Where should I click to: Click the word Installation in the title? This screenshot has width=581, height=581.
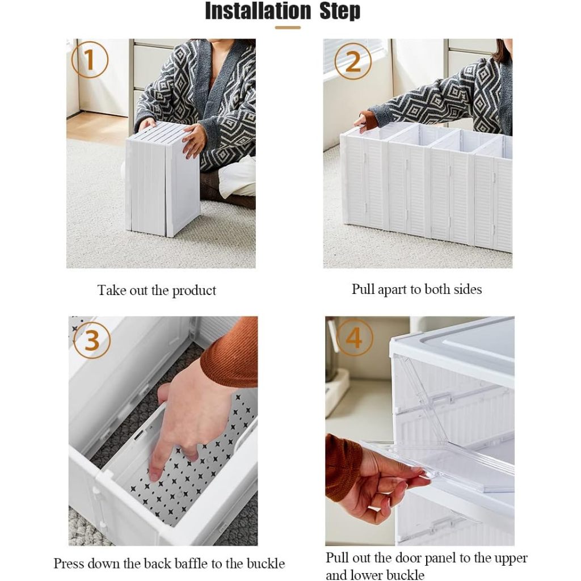coord(258,11)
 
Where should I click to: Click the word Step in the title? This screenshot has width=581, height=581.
coord(340,11)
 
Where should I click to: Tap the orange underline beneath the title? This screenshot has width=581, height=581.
coord(288,27)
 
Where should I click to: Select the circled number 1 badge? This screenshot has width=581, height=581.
coord(90,60)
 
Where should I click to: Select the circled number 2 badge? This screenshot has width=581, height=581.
coord(353,61)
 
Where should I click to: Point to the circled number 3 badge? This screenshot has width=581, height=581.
coord(92,340)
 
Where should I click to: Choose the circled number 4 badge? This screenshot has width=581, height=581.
coord(354,338)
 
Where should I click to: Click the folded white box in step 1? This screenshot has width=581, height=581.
coord(163,180)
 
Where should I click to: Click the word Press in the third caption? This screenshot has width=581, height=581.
coord(69,563)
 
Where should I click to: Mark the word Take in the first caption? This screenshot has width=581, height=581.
coord(112,290)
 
